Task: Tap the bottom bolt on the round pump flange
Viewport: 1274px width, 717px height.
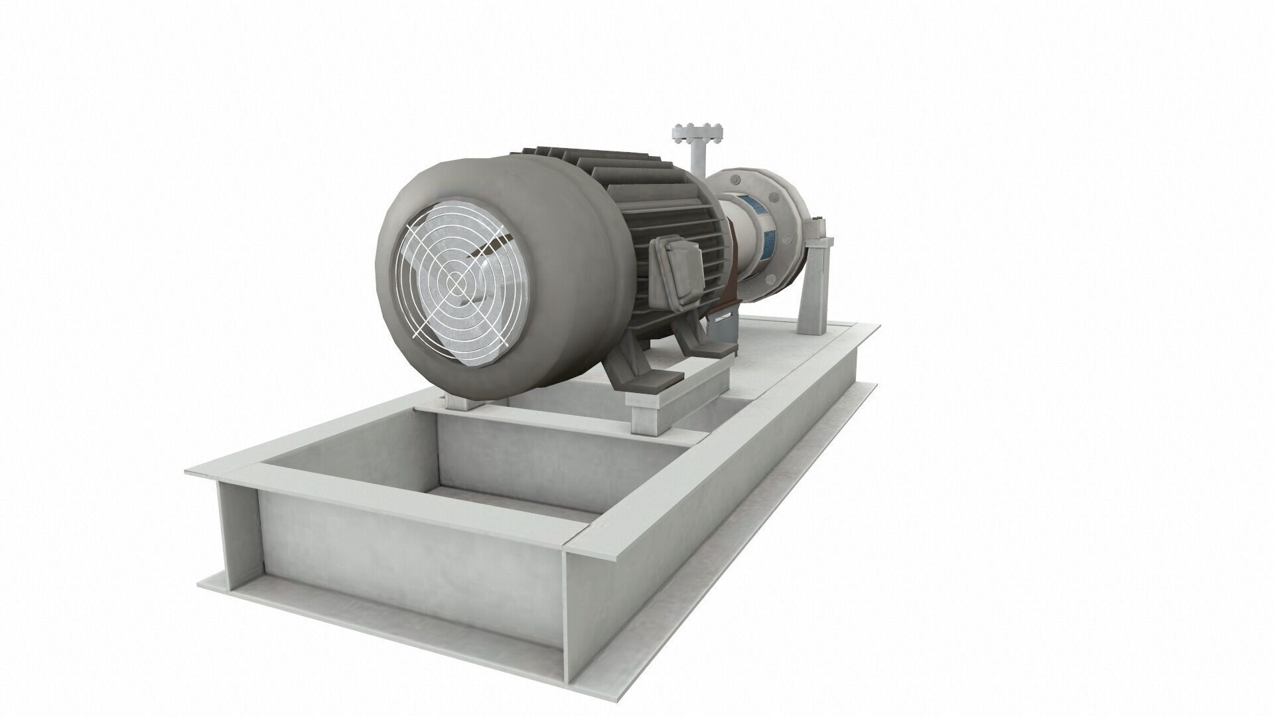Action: coord(770,279)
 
